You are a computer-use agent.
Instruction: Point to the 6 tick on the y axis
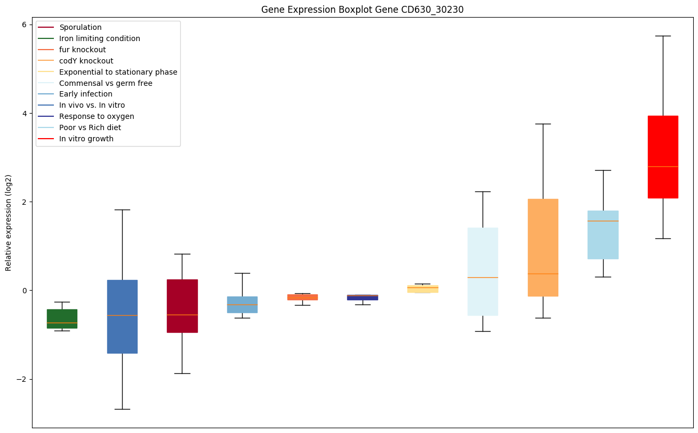(25, 25)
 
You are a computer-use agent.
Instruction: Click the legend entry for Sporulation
(81, 27)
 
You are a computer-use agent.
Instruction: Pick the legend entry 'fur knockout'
(83, 50)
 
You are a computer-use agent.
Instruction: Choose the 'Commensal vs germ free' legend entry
(106, 83)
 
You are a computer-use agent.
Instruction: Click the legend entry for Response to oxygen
(97, 116)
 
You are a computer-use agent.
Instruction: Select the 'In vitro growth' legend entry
(86, 139)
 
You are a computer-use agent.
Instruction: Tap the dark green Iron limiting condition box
(62, 318)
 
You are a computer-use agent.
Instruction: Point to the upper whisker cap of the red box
(663, 36)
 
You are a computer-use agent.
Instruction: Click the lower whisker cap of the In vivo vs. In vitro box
(122, 409)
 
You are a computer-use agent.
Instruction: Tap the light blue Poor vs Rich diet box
(603, 235)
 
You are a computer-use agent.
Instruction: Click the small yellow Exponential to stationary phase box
(422, 288)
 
